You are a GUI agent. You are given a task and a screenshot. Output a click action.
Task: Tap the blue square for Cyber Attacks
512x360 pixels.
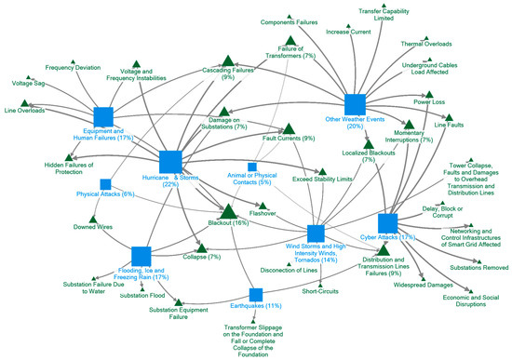[x=388, y=223]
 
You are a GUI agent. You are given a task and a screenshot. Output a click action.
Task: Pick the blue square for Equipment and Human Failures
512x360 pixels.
[x=103, y=117]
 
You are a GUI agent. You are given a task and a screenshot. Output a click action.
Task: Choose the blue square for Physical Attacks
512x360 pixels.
[x=106, y=184]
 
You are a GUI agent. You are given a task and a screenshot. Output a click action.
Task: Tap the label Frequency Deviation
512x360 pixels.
[x=74, y=67]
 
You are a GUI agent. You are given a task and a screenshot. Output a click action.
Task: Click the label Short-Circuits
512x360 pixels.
[x=321, y=291]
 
